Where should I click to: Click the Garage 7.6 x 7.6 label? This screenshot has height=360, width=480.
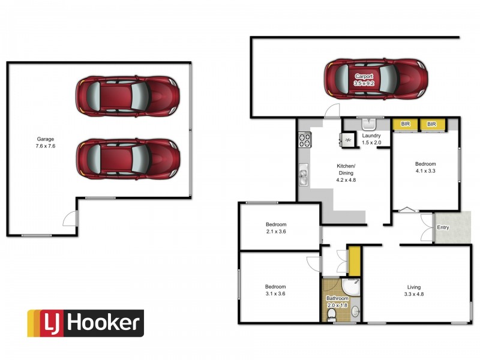46,142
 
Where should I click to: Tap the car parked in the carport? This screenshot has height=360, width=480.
376,79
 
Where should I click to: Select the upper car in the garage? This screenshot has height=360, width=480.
128,96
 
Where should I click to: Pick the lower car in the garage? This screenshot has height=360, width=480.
128,159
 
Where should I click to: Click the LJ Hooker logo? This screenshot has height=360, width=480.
86,323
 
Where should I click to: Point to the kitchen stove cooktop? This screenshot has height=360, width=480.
305,140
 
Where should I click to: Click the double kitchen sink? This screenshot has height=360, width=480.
304,174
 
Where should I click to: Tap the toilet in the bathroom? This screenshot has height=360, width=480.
331,315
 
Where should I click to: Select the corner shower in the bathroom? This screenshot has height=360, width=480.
351,287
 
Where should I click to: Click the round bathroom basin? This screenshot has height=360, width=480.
355,312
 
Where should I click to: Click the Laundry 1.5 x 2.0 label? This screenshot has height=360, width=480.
371,139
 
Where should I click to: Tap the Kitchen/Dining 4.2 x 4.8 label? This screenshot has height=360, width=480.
346,173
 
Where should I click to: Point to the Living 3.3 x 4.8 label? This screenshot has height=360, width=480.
414,290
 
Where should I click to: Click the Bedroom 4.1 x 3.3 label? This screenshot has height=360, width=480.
425,167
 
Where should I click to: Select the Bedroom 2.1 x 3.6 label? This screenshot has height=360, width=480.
276,228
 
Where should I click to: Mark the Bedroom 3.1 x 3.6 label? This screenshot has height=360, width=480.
275,290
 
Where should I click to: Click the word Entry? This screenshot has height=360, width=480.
443,227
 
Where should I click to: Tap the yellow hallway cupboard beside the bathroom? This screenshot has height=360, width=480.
354,260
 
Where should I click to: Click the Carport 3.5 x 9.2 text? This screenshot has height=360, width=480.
364,80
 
